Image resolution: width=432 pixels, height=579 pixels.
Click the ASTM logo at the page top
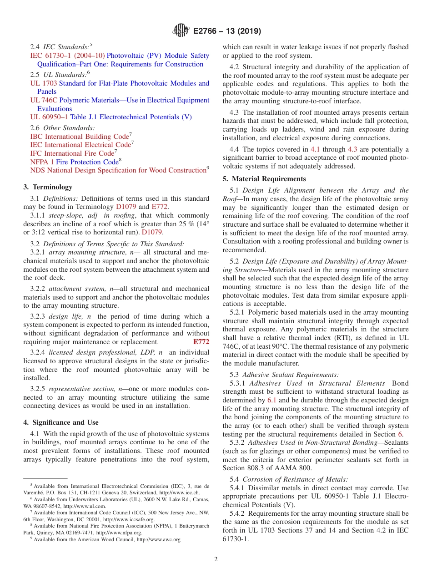[x=181, y=31]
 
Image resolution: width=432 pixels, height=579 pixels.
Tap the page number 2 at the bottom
[x=216, y=559]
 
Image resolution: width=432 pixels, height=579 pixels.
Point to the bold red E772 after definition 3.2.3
[x=201, y=342]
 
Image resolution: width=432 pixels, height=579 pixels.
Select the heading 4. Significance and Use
[x=61, y=422]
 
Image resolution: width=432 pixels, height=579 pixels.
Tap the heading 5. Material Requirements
[x=264, y=179]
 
